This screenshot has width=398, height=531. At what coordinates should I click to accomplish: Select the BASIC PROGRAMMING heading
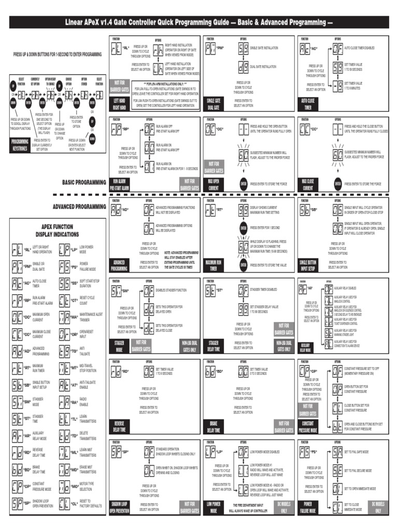pos(84,182)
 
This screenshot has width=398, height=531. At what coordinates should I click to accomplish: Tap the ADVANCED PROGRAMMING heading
pos(79,206)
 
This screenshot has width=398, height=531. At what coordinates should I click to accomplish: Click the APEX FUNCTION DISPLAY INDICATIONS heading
pos(57,230)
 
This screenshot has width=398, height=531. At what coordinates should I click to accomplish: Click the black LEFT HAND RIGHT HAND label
pos(118,104)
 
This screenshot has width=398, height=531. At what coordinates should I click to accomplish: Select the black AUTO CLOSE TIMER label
pos(307,104)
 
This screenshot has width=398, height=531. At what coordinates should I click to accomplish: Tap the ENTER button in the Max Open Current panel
pos(243,183)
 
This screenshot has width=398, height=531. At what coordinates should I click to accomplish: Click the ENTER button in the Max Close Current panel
pos(337,183)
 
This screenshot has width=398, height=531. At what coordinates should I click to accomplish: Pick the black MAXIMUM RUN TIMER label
pos(214,265)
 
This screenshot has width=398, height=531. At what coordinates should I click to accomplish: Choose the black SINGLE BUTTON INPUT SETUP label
pos(308,265)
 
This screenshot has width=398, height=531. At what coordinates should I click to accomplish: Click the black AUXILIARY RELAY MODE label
pos(305,346)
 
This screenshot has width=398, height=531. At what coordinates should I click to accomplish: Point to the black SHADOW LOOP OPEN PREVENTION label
pos(119,508)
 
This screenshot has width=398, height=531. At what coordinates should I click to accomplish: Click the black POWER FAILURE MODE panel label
pos(308,508)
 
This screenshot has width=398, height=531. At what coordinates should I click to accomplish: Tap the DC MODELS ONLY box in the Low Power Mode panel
pos(283,508)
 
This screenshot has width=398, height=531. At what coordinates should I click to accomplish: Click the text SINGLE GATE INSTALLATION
pos(264,48)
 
